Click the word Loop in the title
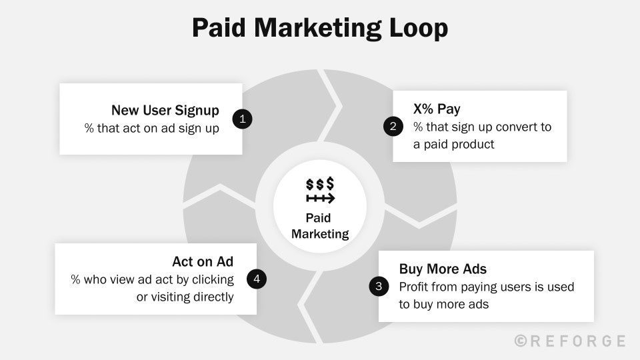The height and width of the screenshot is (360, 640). pyautogui.click(x=419, y=28)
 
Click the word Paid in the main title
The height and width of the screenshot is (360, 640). pyautogui.click(x=219, y=28)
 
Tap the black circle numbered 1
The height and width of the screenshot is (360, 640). pyautogui.click(x=243, y=119)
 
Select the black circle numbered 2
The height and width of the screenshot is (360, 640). pyautogui.click(x=393, y=126)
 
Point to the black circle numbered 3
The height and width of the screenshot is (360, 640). pyautogui.click(x=379, y=286)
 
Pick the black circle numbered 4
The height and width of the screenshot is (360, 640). pyautogui.click(x=257, y=279)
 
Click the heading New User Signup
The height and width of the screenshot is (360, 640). pyautogui.click(x=165, y=110)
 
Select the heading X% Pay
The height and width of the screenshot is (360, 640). pyautogui.click(x=437, y=109)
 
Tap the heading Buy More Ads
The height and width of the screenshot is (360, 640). pyautogui.click(x=443, y=269)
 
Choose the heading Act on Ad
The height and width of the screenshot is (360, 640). pyautogui.click(x=203, y=261)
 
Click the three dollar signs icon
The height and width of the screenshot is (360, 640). pyautogui.click(x=320, y=184)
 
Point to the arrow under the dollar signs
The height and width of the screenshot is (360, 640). pyautogui.click(x=321, y=199)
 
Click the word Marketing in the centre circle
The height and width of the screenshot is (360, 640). pyautogui.click(x=320, y=234)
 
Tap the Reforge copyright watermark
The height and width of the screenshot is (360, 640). pyautogui.click(x=570, y=341)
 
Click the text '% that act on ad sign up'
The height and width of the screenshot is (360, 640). pyautogui.click(x=152, y=129)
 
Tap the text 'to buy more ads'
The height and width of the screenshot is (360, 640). pyautogui.click(x=444, y=305)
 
